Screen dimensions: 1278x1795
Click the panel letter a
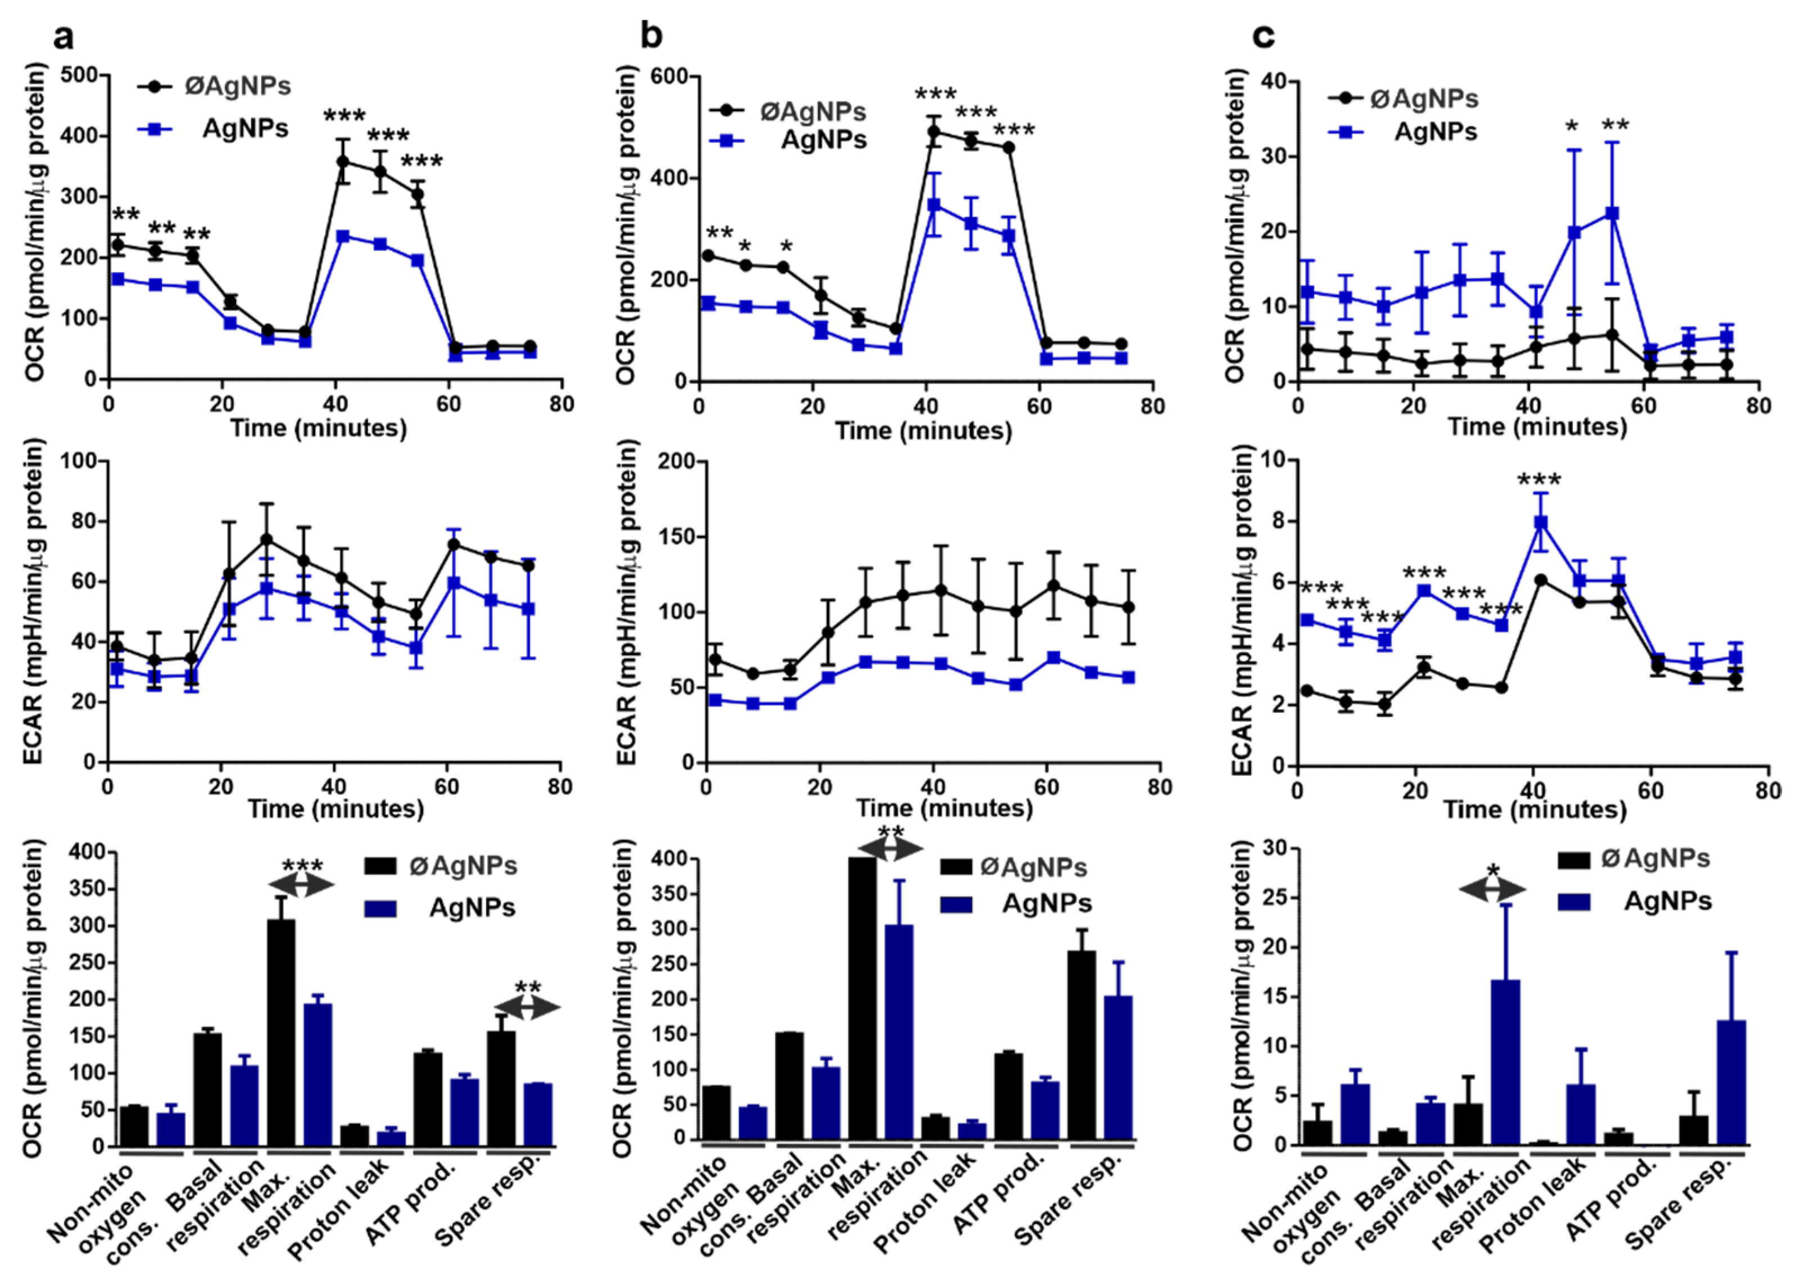[x=66, y=37]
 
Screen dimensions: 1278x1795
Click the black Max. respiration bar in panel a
[x=281, y=1031]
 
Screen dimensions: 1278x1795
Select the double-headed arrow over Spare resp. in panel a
[x=527, y=1007]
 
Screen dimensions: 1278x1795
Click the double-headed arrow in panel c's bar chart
[x=1492, y=889]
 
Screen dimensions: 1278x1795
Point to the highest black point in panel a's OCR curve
[x=343, y=161]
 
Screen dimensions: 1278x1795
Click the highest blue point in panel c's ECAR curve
[x=1541, y=523]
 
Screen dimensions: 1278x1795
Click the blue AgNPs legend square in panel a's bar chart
[x=380, y=908]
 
